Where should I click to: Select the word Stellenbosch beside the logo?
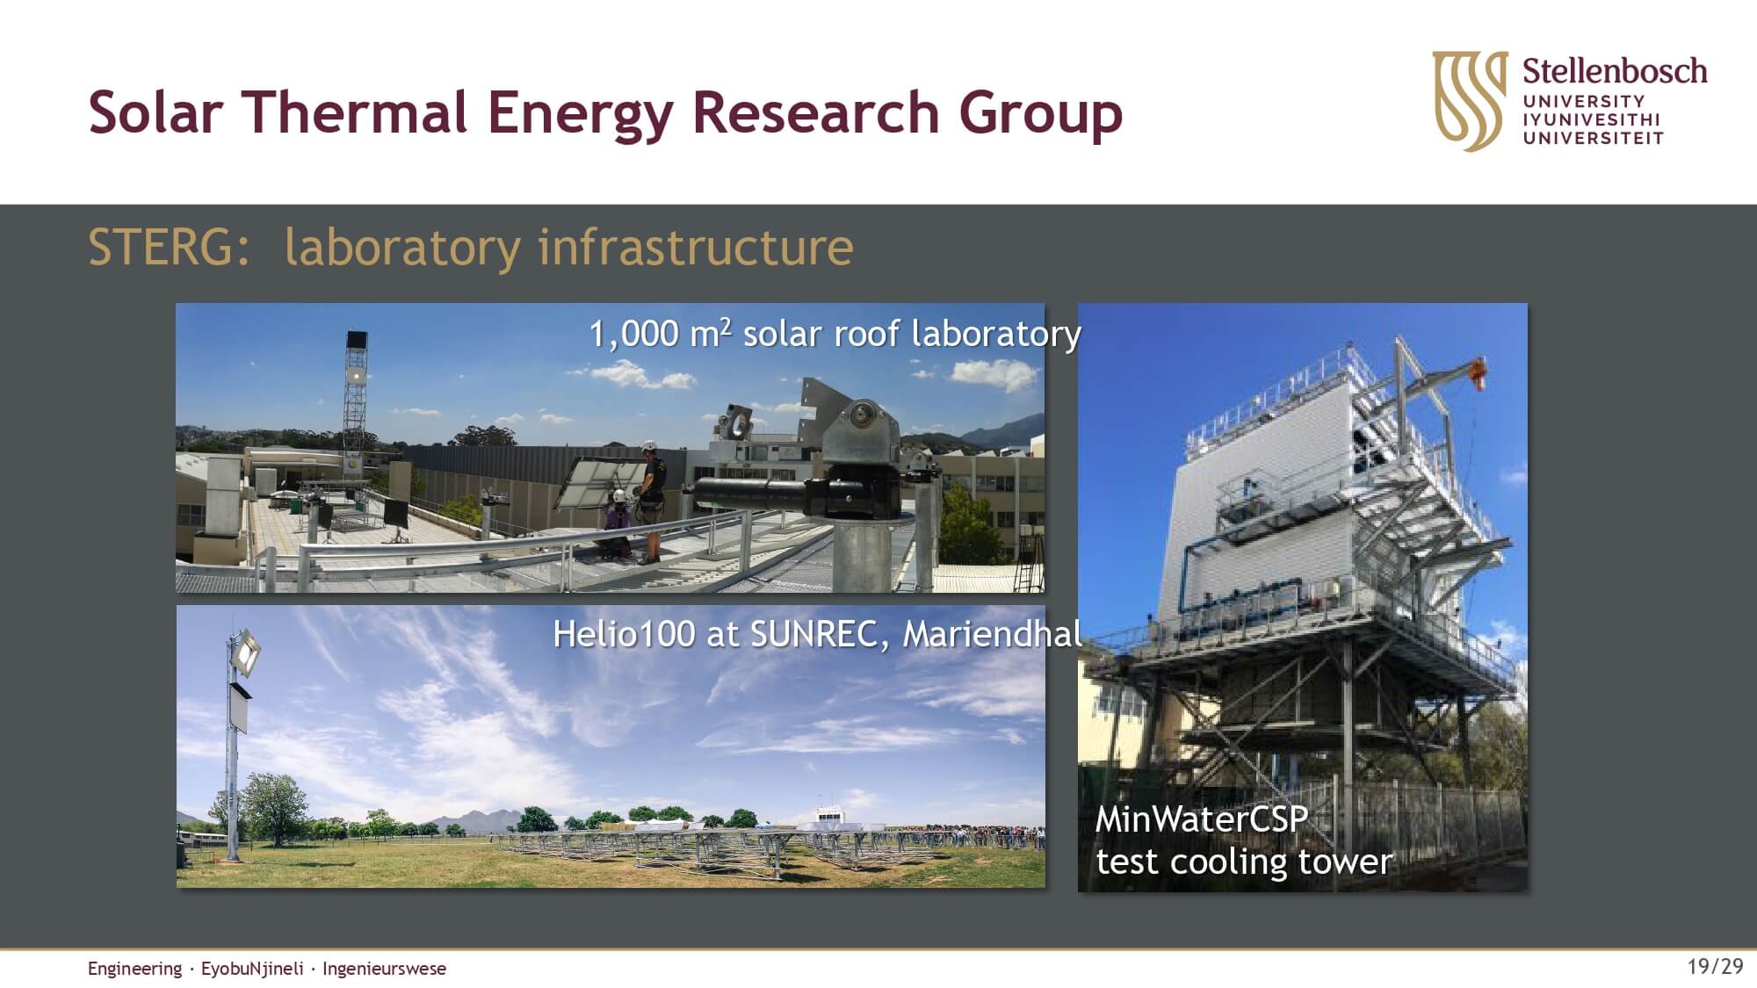click(x=1615, y=71)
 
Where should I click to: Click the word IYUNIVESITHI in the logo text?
click(x=1592, y=119)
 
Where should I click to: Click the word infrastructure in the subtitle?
click(x=695, y=247)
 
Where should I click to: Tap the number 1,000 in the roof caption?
click(x=633, y=335)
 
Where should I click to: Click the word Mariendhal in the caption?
click(x=992, y=634)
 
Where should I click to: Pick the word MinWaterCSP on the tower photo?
click(x=1201, y=819)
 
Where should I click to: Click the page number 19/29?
click(x=1715, y=967)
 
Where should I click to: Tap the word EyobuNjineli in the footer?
click(x=252, y=969)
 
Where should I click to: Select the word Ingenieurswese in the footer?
click(x=384, y=969)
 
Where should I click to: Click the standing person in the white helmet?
click(x=650, y=501)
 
